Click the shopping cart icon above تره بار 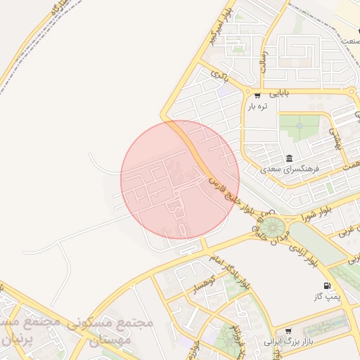(258, 96)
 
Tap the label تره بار (258, 107)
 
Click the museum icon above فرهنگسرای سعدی (289, 157)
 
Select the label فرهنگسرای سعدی (290, 169)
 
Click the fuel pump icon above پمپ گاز (326, 285)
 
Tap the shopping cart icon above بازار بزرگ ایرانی (288, 330)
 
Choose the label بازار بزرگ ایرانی (288, 342)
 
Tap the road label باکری (220, 72)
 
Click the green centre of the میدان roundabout (272, 226)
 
